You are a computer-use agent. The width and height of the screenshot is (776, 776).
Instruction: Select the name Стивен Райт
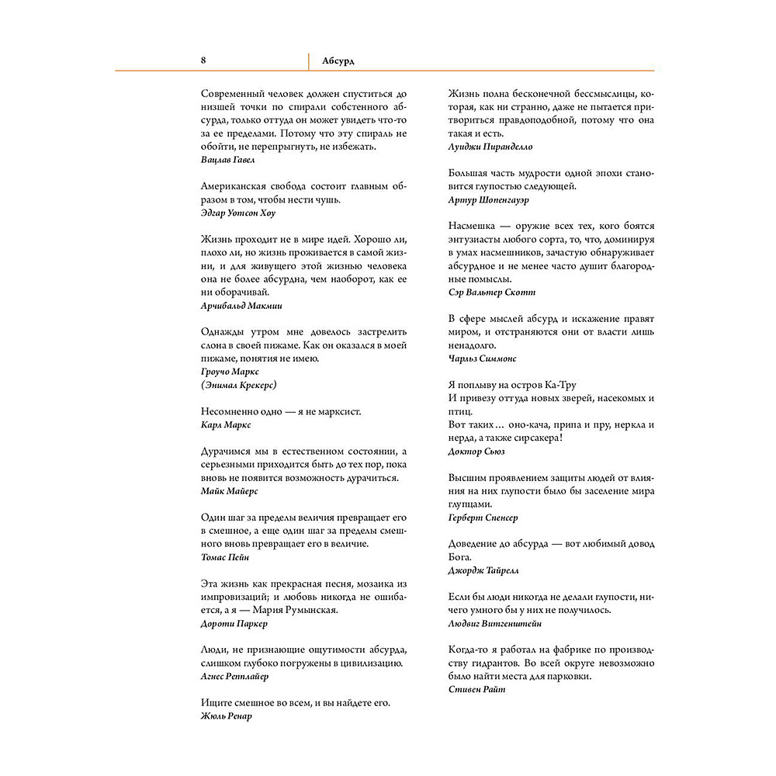(x=476, y=690)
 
